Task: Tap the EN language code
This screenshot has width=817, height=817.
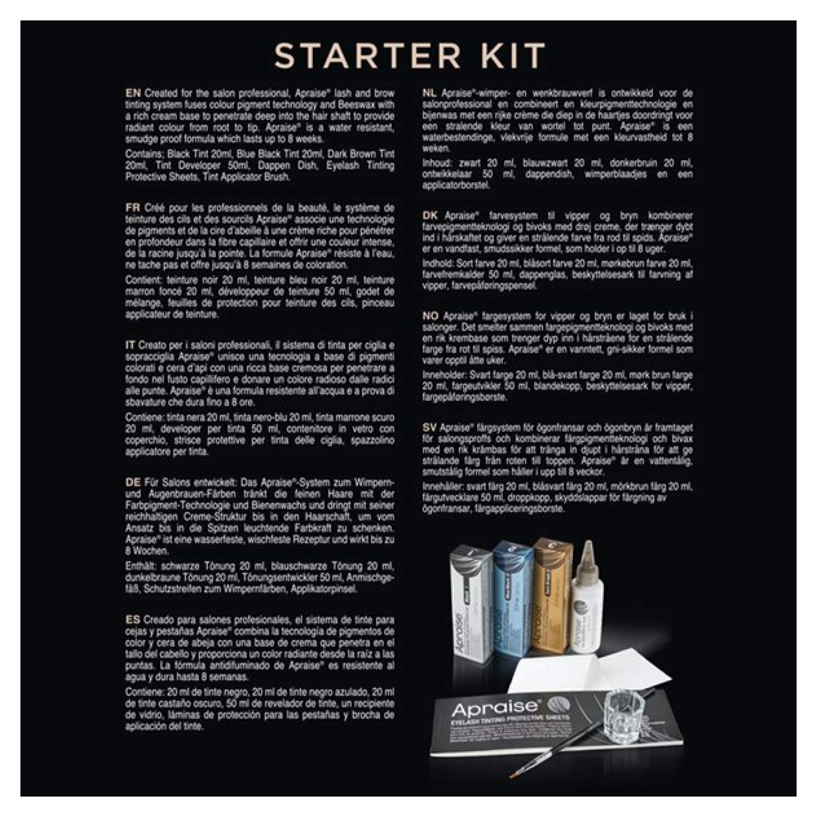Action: pos(132,93)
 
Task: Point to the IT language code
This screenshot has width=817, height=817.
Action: pos(129,345)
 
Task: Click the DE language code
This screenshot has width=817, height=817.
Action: pos(132,482)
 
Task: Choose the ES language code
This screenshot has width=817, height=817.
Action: pos(132,620)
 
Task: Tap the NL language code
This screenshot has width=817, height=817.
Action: pos(429,93)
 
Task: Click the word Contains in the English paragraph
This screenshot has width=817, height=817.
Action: pos(139,154)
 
